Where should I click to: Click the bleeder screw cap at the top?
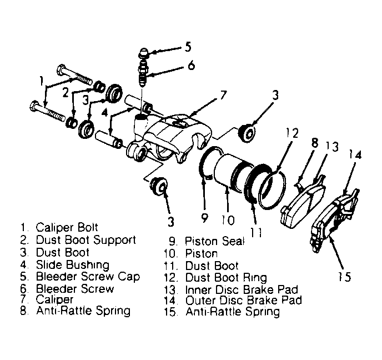coord(143,53)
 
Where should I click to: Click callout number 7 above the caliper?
coord(223,96)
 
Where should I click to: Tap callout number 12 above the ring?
coord(292,133)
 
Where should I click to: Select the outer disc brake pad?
coord(334,221)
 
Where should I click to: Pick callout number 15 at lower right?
coord(344,277)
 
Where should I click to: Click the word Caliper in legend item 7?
coord(54,300)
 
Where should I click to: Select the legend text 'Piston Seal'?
coord(214,241)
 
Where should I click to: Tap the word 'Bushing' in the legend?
coord(88,265)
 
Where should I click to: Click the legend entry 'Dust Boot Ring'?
coord(226,278)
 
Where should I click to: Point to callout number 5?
coord(188,47)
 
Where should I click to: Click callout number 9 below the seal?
coord(204,217)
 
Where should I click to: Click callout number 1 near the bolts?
coord(42,81)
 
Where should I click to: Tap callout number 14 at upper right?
coord(355,155)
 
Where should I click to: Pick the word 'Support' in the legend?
coord(114,241)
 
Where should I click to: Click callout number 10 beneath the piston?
coord(228,220)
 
